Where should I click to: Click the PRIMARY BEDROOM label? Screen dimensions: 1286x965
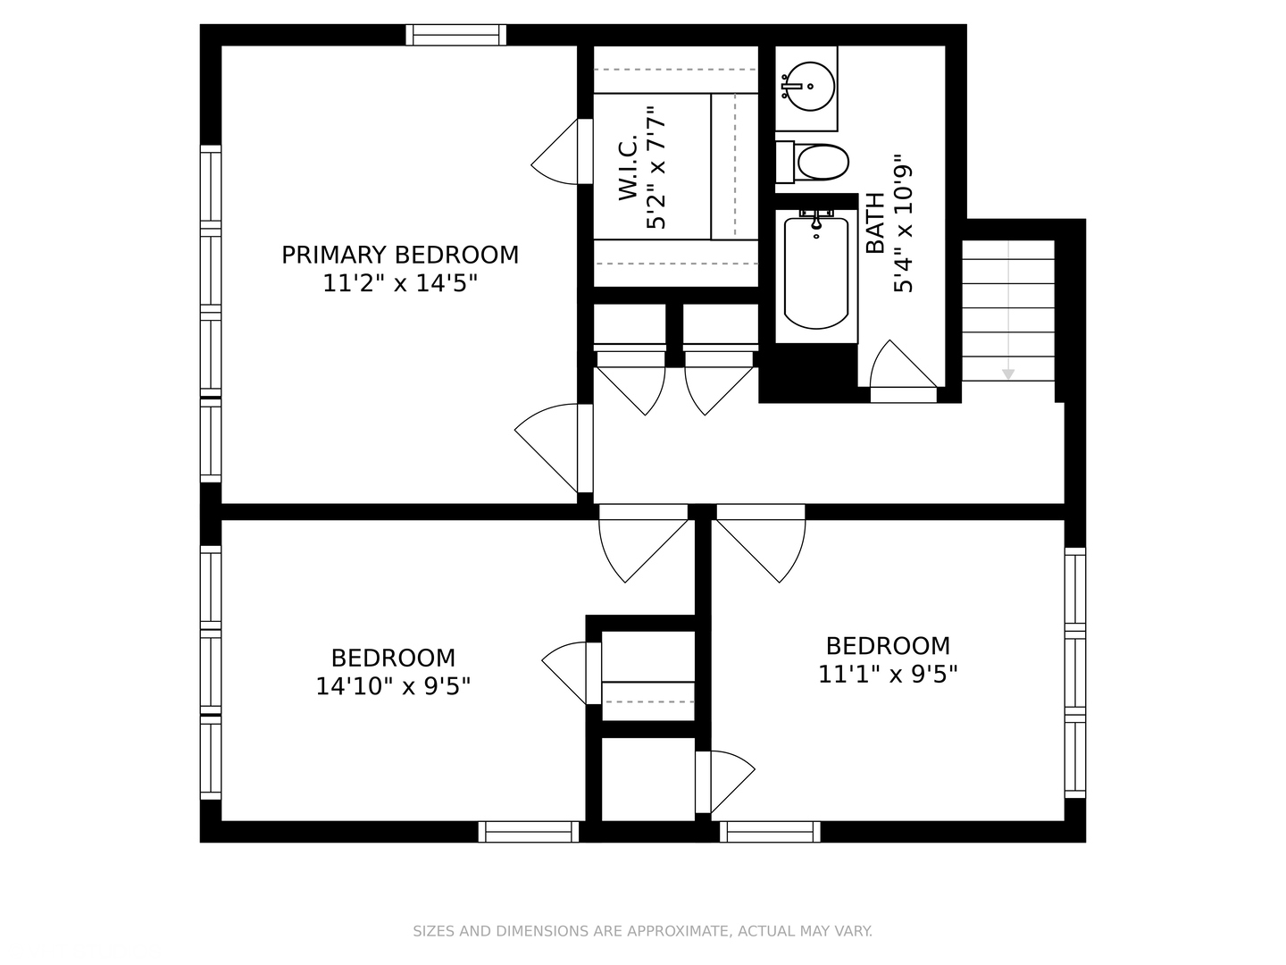click(400, 255)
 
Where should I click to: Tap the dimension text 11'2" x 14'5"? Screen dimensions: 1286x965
click(400, 283)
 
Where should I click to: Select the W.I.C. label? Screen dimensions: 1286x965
click(628, 168)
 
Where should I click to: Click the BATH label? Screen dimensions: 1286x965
click(874, 223)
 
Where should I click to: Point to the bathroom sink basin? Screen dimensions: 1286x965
click(810, 86)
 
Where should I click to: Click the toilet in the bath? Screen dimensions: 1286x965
click(812, 163)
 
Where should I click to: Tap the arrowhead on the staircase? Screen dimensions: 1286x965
click(1007, 373)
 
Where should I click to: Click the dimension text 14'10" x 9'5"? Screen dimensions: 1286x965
click(393, 686)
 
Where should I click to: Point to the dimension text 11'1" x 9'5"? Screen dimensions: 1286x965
click(888, 674)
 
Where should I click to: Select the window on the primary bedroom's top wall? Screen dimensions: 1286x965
click(455, 35)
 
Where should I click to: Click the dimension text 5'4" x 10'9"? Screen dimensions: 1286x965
click(903, 223)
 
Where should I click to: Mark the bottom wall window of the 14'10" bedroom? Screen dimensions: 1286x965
click(529, 832)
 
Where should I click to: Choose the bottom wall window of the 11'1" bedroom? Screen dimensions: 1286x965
click(770, 832)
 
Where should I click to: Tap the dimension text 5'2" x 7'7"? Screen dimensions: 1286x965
click(656, 168)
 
